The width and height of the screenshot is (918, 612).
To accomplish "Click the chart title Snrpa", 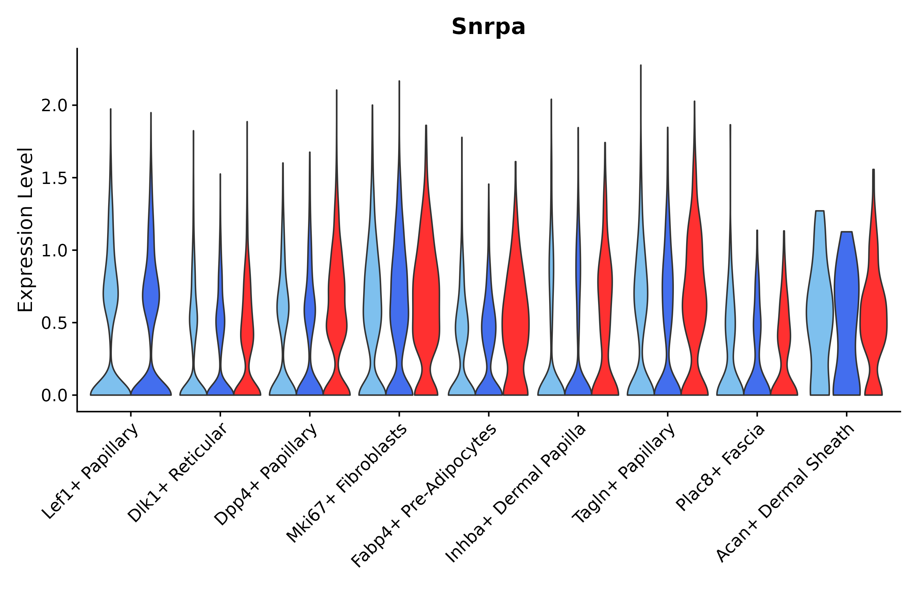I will click(x=488, y=27).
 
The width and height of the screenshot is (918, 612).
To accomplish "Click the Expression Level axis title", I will click(x=26, y=230).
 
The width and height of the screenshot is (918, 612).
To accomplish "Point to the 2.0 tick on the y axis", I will click(x=54, y=106).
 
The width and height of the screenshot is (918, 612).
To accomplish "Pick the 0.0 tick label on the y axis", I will click(x=54, y=396).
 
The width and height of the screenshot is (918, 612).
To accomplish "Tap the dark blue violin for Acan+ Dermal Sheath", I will click(x=846, y=312).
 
